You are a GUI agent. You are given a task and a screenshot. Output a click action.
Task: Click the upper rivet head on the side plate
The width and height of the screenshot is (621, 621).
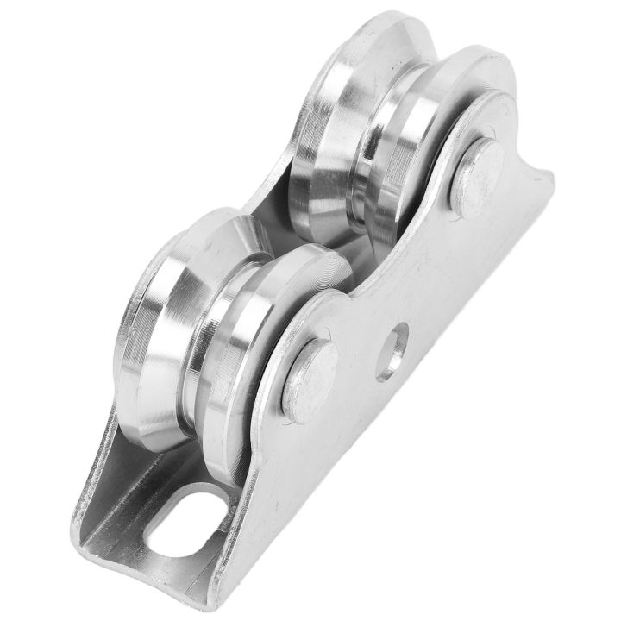point(476,178)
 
